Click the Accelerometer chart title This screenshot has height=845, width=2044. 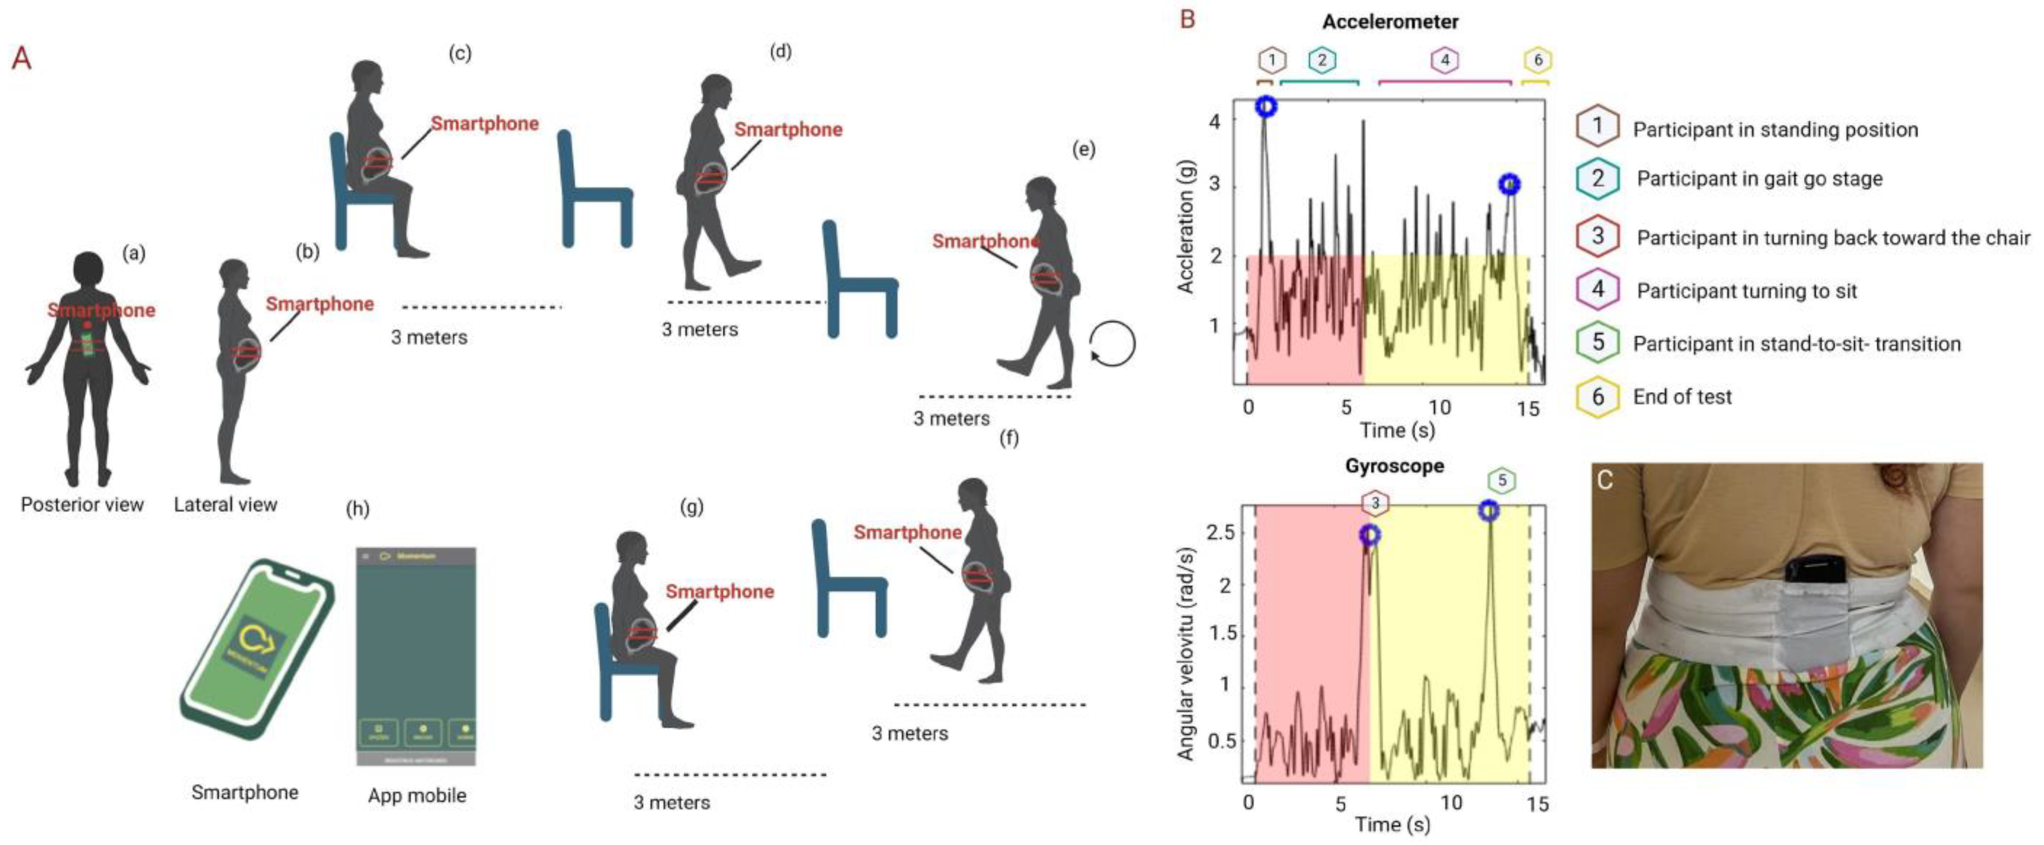coord(1390,21)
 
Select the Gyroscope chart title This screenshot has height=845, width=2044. coord(1393,466)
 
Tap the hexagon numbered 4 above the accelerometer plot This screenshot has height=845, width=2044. coord(1444,60)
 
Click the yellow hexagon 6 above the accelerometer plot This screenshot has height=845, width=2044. coord(1537,60)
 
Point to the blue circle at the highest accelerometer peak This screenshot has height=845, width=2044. coord(1266,106)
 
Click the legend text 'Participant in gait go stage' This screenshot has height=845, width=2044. coord(1759,179)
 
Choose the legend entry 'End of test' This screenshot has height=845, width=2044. coord(1681,397)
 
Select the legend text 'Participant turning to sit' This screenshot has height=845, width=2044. coord(1746,291)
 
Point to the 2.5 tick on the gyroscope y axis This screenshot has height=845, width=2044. coord(1220,532)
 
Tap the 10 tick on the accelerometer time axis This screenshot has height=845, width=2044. coord(1439,408)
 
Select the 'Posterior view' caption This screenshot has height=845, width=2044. coord(82,505)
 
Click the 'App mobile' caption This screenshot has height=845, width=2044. coord(417,795)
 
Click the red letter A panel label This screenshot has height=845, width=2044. coord(21,58)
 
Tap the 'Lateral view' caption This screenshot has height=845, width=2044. coord(226,505)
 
